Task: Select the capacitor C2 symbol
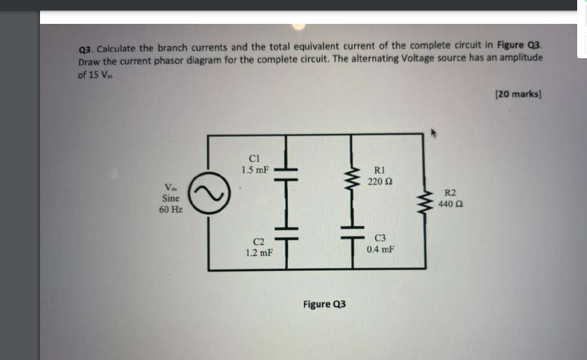pos(286,234)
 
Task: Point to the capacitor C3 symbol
pos(355,233)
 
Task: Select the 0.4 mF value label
pos(380,249)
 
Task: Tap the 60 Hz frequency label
pos(171,209)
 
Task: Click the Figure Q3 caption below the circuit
pos(324,304)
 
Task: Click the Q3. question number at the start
pos(86,48)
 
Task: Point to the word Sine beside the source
pos(171,198)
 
